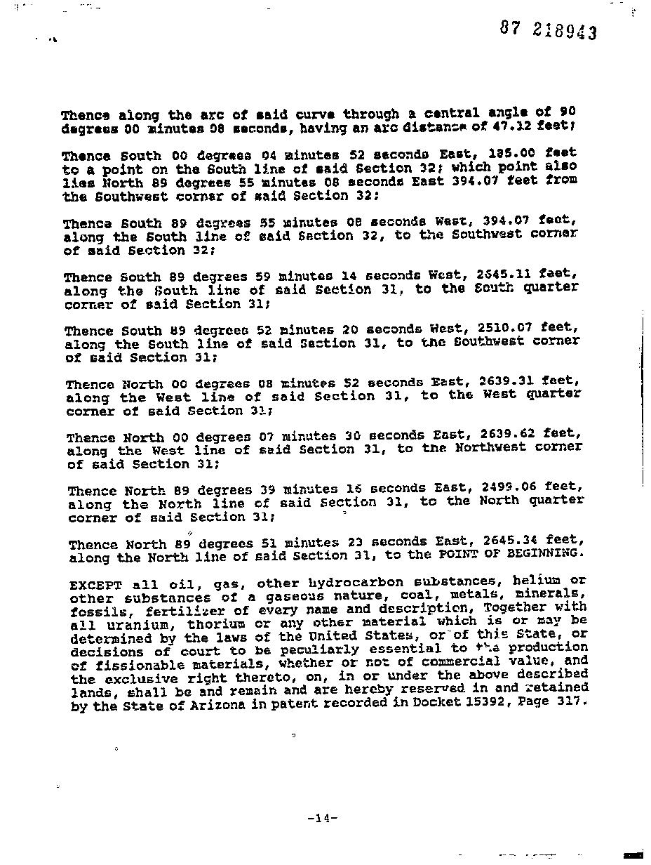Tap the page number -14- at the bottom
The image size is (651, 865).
pyautogui.click(x=323, y=818)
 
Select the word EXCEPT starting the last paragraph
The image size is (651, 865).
pyautogui.click(x=96, y=585)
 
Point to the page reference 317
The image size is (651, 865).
pyautogui.click(x=569, y=701)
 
